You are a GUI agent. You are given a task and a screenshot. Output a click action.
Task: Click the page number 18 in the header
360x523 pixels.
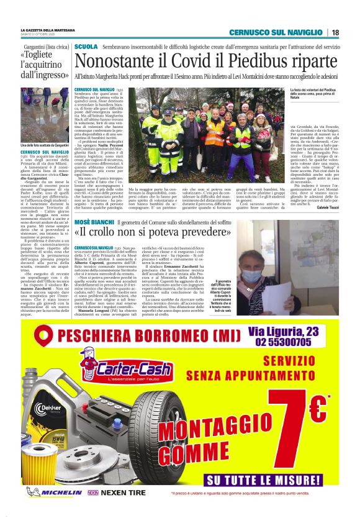pos(335,32)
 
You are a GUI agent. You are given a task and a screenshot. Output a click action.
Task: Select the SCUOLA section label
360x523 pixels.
pos(85,47)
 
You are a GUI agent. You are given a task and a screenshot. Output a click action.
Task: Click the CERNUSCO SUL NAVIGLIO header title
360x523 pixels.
pos(276,32)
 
